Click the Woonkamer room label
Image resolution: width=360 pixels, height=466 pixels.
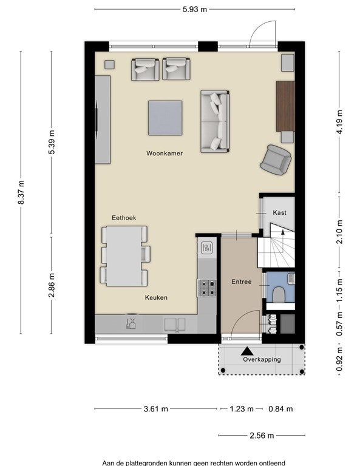coord(165,154)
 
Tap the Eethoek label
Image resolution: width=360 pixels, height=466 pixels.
coord(124,218)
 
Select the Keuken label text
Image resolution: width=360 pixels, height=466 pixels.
coord(156,297)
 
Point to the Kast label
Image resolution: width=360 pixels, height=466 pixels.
coord(279,212)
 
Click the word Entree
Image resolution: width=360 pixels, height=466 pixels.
coord(242,282)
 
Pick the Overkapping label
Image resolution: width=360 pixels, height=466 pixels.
coord(262,359)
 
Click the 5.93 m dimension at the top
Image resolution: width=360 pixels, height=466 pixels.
coord(195,9)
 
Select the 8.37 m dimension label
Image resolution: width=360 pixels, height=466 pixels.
coord(21,192)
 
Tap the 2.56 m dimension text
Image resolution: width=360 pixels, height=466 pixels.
coord(262,436)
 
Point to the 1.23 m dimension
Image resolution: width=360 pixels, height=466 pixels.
coord(242,409)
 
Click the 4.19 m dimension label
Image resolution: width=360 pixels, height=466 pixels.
coord(339,122)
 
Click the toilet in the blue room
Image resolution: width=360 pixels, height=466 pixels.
coord(279,294)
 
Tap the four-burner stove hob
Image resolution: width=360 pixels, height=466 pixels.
coord(207,288)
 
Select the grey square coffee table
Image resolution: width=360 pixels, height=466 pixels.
coord(165,118)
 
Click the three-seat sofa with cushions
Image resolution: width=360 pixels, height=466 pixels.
coord(215,121)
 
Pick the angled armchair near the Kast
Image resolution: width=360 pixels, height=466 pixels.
coord(276,160)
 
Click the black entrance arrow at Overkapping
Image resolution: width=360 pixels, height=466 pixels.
coord(247,351)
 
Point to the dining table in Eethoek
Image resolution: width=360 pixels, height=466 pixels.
coord(124,256)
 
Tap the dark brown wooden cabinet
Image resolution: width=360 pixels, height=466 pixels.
coord(285,106)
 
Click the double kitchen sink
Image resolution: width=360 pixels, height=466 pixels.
coord(174,324)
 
